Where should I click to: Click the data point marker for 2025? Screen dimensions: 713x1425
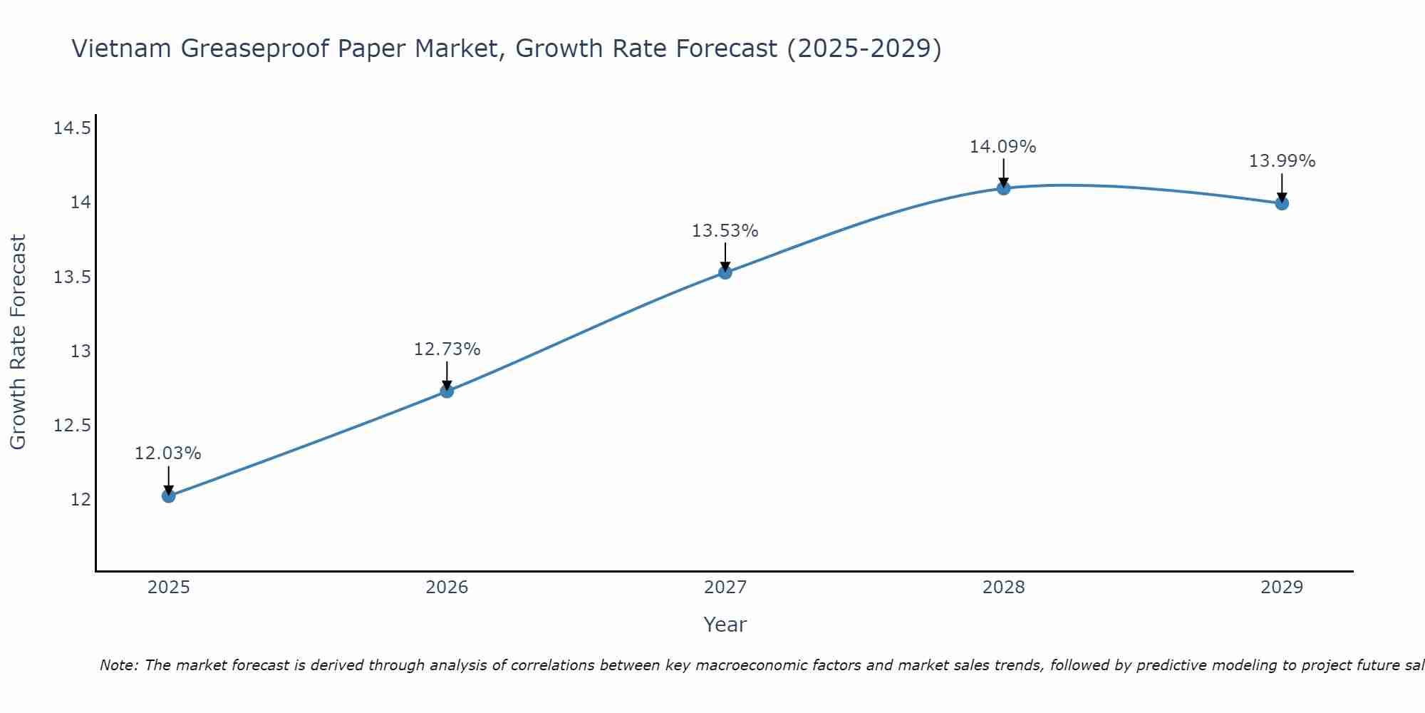(169, 496)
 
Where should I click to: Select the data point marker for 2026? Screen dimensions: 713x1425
(447, 391)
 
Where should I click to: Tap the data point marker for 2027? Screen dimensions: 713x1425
(725, 272)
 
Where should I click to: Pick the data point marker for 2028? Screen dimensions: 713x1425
(1003, 188)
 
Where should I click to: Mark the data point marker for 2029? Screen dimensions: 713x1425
(1282, 203)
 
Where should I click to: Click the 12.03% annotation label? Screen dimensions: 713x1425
(168, 453)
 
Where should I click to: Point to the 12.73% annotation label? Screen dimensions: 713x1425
(447, 349)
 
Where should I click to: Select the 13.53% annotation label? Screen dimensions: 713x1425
(725, 231)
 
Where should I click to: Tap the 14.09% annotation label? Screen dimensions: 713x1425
(1002, 147)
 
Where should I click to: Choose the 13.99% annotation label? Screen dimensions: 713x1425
(1282, 161)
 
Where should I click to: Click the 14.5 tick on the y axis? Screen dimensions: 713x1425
(72, 128)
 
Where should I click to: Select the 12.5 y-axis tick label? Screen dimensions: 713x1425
(72, 426)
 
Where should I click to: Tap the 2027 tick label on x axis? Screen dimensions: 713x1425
(725, 588)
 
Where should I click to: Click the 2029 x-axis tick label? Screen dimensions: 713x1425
(1282, 588)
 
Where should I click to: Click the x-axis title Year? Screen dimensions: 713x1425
(725, 625)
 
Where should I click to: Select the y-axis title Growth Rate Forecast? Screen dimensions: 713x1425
(18, 342)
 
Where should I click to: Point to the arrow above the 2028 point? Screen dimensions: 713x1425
(1003, 171)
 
